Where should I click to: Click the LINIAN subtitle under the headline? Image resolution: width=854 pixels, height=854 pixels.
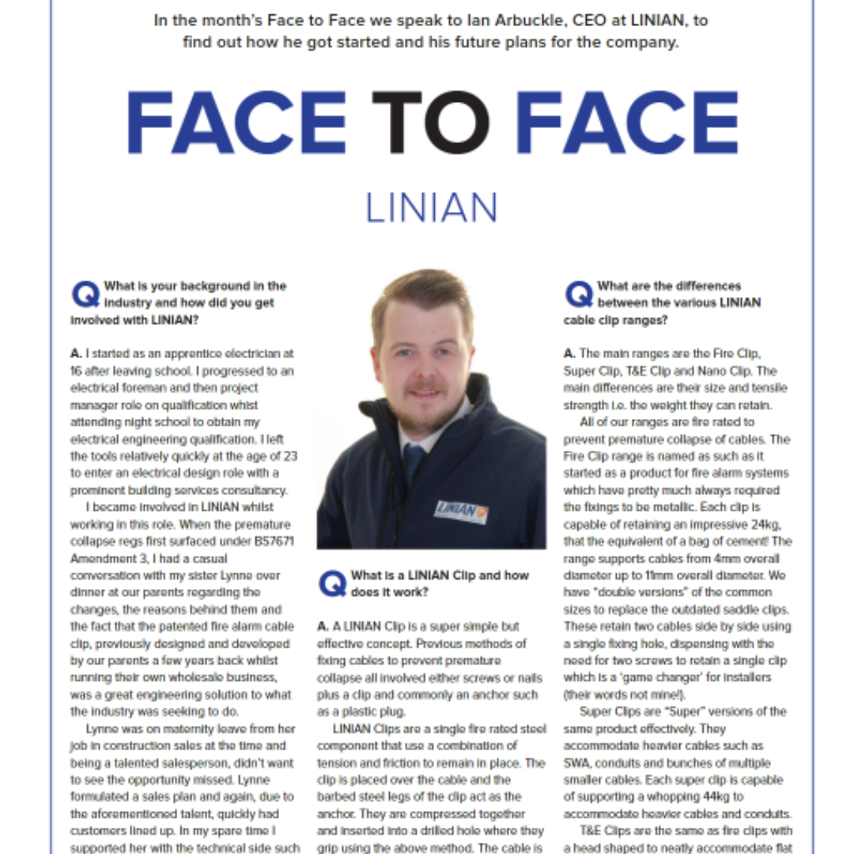pos(431,207)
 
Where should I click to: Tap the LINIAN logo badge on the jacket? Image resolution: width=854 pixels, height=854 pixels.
pos(461,511)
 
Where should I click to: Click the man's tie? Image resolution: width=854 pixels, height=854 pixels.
pos(414,462)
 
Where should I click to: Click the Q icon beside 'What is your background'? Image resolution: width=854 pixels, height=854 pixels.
pos(85,294)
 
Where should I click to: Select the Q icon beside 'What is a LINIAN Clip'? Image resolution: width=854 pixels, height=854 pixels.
pos(332,584)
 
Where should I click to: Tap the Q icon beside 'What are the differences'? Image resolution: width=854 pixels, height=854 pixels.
pos(579,294)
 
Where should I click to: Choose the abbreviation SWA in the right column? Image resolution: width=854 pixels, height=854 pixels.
pos(576,762)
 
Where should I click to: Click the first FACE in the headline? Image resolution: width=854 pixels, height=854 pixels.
pos(236,123)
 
